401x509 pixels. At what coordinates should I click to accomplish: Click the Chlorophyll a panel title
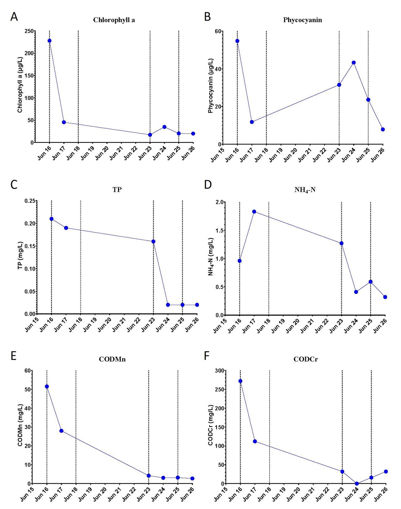[x=114, y=20]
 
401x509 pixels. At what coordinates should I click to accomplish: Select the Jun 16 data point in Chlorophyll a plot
[x=49, y=41]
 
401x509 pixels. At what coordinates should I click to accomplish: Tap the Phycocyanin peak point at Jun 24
[x=353, y=63]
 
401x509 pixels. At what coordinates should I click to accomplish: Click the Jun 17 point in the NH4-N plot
[x=254, y=212]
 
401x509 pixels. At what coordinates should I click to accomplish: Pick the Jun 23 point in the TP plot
[x=153, y=241]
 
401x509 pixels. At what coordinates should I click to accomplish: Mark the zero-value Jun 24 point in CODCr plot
[x=357, y=483]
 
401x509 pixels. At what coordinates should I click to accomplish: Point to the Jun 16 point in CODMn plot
[x=47, y=386]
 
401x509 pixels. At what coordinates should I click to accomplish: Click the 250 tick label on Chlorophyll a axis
[x=29, y=31]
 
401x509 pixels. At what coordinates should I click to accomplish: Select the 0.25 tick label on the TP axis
[x=30, y=201]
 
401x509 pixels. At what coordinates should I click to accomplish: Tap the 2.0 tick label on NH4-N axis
[x=220, y=202]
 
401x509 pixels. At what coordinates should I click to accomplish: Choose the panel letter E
[x=14, y=356]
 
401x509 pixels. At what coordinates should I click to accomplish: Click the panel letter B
[x=207, y=17]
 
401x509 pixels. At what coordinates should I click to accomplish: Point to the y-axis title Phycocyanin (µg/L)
[x=211, y=86]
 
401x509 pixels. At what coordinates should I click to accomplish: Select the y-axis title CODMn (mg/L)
[x=20, y=425]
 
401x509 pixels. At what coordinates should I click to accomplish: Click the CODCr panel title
[x=305, y=359]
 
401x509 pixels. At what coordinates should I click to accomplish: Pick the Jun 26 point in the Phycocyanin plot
[x=383, y=129]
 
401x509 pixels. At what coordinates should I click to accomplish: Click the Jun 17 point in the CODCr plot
[x=255, y=441]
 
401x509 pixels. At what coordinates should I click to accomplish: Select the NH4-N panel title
[x=305, y=190]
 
